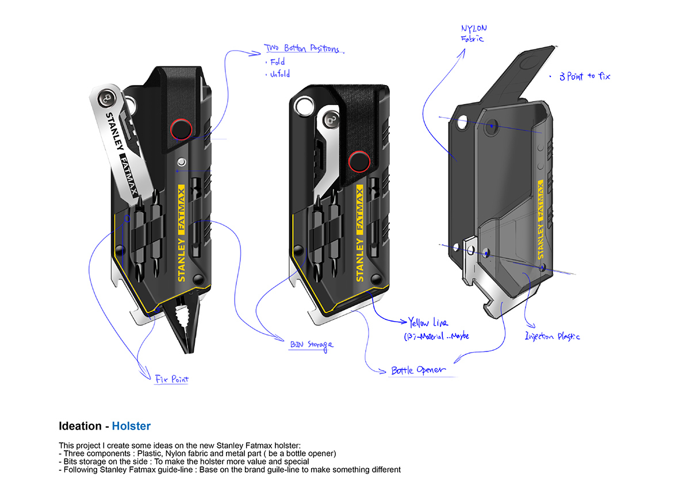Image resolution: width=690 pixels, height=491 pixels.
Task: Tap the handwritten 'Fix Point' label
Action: (x=171, y=379)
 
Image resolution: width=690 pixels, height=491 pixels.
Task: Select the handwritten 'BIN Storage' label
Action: (x=311, y=345)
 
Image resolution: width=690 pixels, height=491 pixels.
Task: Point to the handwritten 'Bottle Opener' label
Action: (x=418, y=370)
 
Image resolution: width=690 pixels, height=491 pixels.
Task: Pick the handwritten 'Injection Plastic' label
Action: (x=552, y=336)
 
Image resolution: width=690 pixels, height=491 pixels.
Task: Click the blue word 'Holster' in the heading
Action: (x=131, y=426)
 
